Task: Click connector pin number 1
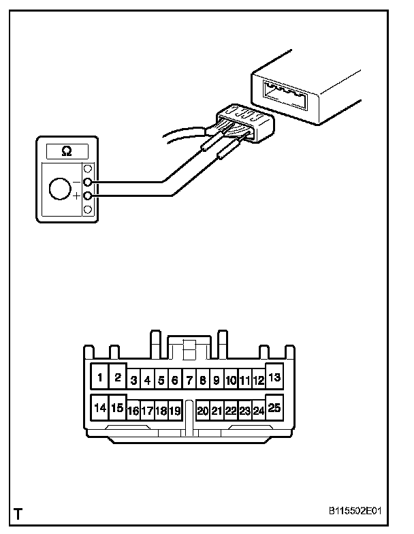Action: click(x=100, y=377)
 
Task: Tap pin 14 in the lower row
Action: click(x=100, y=408)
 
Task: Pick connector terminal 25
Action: click(x=275, y=407)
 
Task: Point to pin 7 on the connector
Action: click(x=189, y=381)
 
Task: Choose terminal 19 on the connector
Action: click(x=175, y=411)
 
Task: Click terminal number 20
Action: click(x=202, y=411)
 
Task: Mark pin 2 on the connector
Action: click(x=117, y=377)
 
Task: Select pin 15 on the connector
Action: click(x=117, y=408)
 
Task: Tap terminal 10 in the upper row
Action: click(x=231, y=381)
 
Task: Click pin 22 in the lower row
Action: click(x=231, y=411)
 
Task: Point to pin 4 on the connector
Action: click(x=147, y=381)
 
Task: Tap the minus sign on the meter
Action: click(x=76, y=183)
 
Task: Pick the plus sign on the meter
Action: click(x=76, y=197)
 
